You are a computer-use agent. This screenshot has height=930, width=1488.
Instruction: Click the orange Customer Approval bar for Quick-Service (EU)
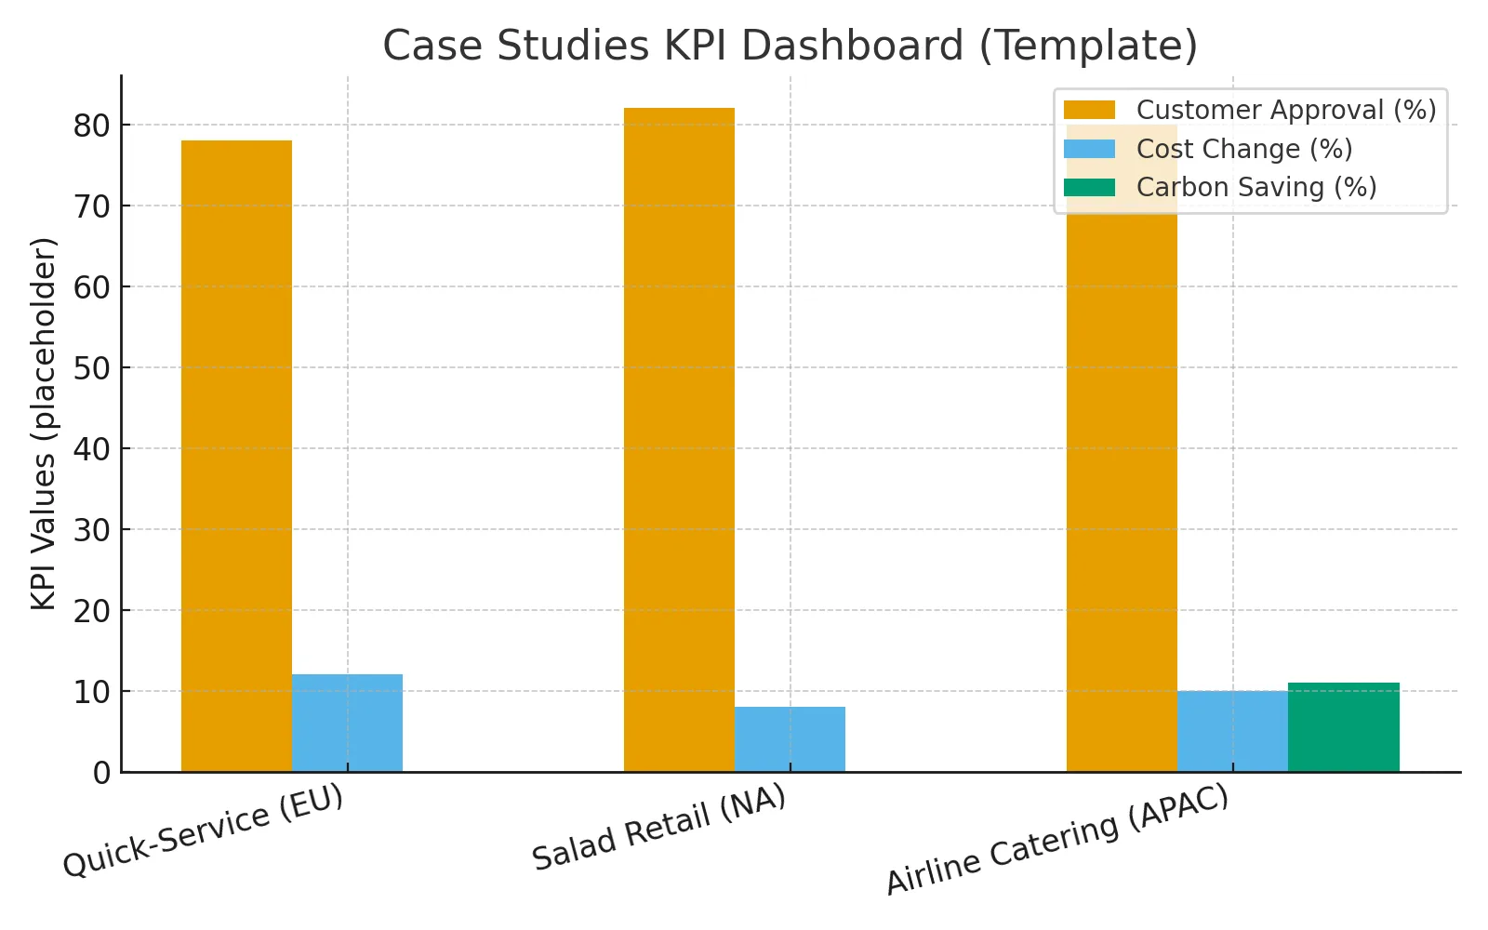[x=236, y=456]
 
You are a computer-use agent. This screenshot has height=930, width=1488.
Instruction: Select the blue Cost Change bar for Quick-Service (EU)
[x=347, y=723]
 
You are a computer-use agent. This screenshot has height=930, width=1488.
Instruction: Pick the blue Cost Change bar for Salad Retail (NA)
[x=790, y=739]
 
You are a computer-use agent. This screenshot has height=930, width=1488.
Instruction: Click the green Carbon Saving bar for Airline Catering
[x=1343, y=727]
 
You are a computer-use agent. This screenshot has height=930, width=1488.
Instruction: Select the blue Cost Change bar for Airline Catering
[x=1232, y=731]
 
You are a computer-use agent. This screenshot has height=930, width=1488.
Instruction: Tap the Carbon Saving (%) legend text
[x=1255, y=187]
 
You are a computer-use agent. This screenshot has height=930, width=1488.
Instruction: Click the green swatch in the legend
[x=1089, y=187]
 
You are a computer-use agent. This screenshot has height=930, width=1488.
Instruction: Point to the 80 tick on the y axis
[x=91, y=126]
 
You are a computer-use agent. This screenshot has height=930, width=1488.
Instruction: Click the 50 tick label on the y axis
[x=91, y=368]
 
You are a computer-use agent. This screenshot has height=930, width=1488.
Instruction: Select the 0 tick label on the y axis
[x=101, y=773]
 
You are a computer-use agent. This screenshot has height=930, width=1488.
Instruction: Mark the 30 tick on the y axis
[x=91, y=530]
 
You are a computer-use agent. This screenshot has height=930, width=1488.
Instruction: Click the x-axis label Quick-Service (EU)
[x=204, y=830]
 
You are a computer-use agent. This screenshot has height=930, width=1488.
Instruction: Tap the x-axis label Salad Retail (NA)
[x=659, y=827]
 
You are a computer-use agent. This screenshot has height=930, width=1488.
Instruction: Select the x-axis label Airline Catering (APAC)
[x=1057, y=840]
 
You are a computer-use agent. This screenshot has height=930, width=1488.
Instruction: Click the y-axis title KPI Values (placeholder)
[x=44, y=424]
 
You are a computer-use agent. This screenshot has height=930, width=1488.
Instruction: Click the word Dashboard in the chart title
[x=814, y=45]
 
